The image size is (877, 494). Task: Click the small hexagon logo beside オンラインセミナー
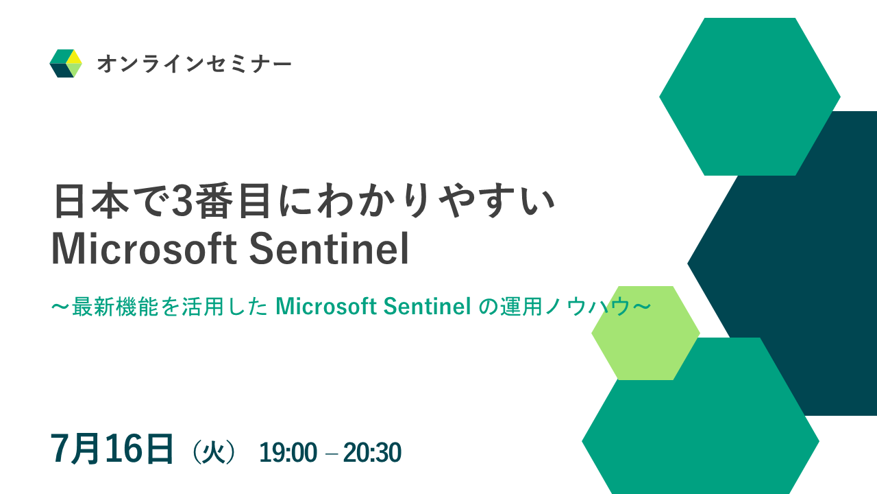(66, 64)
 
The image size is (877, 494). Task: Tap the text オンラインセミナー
(194, 64)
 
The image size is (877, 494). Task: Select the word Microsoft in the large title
(144, 249)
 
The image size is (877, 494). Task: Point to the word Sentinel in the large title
(330, 249)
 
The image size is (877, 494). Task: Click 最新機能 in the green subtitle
(117, 307)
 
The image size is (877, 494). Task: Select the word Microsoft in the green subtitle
(326, 307)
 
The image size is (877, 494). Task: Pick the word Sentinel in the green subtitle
(427, 307)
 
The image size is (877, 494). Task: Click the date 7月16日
(112, 449)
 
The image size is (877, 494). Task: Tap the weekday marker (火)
(214, 452)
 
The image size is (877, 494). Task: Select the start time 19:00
(288, 452)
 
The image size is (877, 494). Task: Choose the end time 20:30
(372, 452)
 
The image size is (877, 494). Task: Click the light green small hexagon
(645, 333)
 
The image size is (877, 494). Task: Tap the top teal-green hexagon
(750, 97)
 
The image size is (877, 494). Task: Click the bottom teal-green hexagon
(701, 432)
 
